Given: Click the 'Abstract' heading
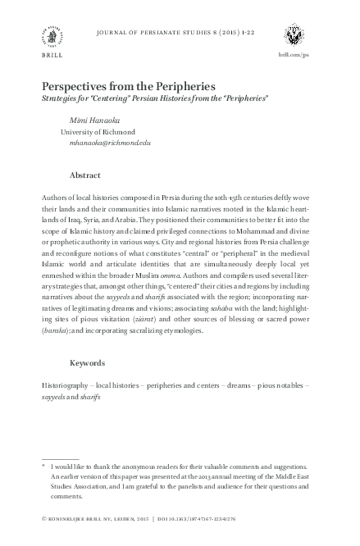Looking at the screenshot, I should (x=85, y=176).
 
